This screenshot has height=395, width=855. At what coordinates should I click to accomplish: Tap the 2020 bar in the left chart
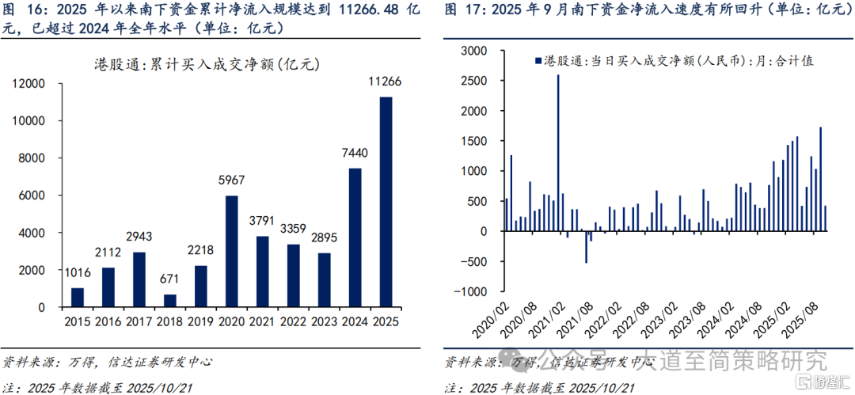(x=231, y=252)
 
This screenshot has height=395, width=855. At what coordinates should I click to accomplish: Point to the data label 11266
(x=386, y=82)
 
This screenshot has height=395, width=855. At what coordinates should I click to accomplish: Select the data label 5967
(x=231, y=180)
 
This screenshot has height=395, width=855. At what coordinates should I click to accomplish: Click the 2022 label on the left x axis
(x=293, y=322)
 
